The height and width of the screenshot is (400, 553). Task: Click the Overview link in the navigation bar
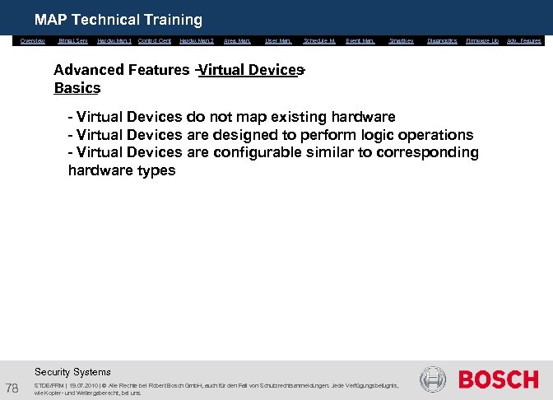(x=33, y=40)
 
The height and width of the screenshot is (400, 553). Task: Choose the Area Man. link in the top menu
(x=237, y=40)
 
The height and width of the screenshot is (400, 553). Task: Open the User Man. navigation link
(x=278, y=40)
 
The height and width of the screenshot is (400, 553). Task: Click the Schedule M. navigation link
(x=319, y=40)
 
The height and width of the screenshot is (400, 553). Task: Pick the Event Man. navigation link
(x=360, y=40)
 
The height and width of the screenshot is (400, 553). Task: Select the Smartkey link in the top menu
(x=402, y=40)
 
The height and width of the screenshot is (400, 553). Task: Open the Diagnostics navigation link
(x=443, y=40)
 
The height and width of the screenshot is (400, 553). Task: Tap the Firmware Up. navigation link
(x=482, y=40)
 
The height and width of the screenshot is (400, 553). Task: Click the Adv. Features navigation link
(x=524, y=40)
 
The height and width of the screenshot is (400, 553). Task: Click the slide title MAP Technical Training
(x=118, y=19)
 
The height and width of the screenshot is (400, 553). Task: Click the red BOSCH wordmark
(x=498, y=379)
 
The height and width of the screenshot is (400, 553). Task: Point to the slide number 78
(x=13, y=388)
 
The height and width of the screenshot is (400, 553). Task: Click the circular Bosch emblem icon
(x=433, y=379)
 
